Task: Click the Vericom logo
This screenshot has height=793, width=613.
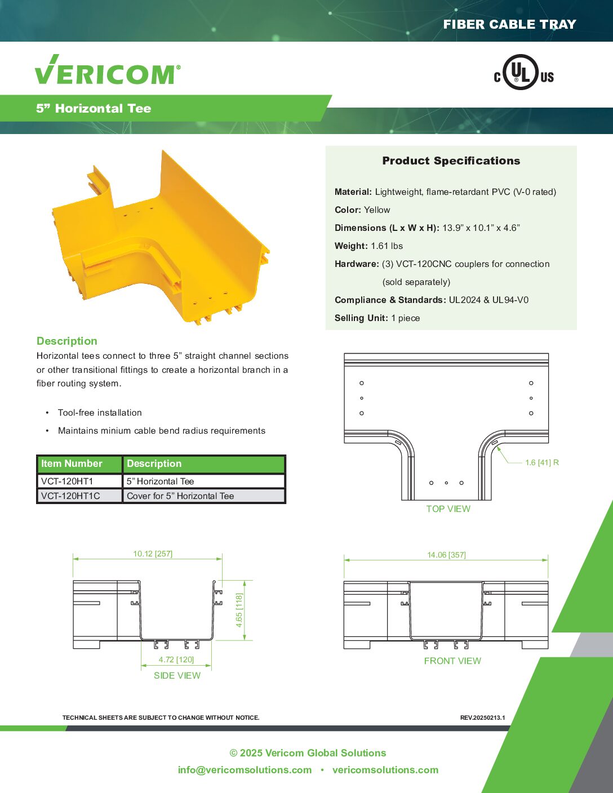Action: (108, 71)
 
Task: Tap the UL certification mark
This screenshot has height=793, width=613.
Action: (523, 73)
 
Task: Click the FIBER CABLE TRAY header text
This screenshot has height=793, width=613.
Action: (509, 24)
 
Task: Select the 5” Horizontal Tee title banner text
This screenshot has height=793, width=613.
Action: (94, 109)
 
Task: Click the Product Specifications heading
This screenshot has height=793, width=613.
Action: (451, 161)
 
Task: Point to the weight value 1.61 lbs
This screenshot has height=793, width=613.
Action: (387, 246)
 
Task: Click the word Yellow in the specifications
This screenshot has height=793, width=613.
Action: (377, 210)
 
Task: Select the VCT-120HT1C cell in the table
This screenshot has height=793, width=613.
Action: (70, 496)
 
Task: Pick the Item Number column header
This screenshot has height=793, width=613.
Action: (72, 464)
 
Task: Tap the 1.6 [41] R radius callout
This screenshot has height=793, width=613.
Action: (541, 462)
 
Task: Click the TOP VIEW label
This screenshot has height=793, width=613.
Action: (448, 509)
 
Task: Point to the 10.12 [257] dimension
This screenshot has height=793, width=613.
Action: (153, 554)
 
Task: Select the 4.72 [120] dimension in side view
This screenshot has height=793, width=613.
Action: (176, 660)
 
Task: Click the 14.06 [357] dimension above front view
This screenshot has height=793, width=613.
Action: (446, 555)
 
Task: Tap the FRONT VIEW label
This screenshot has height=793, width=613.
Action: (452, 661)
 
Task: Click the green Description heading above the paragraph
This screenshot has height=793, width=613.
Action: (67, 341)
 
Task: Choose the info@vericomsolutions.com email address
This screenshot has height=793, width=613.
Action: (245, 770)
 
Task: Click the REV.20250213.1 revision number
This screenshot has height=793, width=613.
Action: (482, 718)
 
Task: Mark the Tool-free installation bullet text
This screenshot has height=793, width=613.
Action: (100, 412)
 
